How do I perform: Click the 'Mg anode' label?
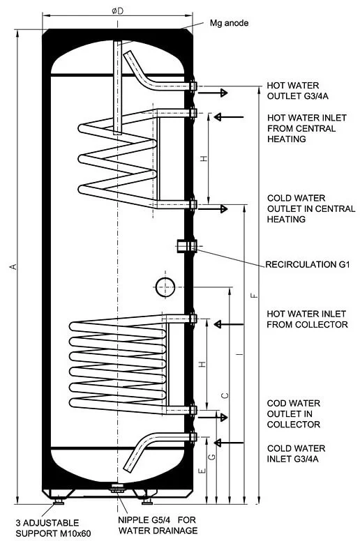(x=229, y=23)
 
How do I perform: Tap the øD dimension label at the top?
(x=118, y=10)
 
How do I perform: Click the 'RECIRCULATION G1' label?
(x=308, y=265)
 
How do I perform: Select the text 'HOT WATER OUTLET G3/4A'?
(x=297, y=91)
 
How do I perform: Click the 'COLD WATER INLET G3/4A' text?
(x=296, y=453)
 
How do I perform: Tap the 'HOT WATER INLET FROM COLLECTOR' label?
(x=307, y=319)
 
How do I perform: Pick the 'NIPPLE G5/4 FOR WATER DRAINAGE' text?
(x=158, y=525)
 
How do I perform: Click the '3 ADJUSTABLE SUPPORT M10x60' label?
(x=53, y=528)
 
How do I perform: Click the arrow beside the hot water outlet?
(x=213, y=93)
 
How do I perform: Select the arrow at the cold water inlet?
(x=229, y=442)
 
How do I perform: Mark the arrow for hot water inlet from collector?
(x=229, y=324)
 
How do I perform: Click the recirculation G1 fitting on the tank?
(x=187, y=246)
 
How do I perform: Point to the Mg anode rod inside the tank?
(x=117, y=87)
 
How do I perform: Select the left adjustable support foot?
(x=59, y=501)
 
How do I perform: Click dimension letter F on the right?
(x=255, y=296)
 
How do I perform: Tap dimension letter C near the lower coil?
(x=225, y=395)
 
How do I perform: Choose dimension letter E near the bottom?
(x=202, y=471)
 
